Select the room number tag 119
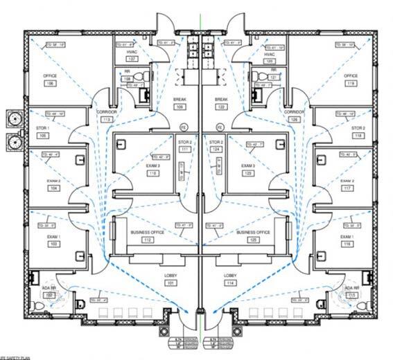click(x=351, y=83)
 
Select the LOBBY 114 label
click(x=230, y=279)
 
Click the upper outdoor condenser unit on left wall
click(x=12, y=118)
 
